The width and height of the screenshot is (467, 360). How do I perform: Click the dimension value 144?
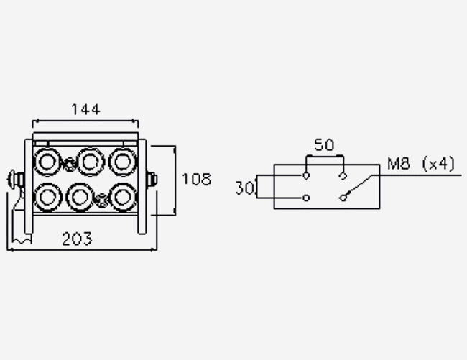coord(85,109)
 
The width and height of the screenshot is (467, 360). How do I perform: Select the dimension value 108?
coord(196,179)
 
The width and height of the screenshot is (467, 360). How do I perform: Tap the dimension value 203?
coord(77,238)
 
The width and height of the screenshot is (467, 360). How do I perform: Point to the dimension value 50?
coord(325,144)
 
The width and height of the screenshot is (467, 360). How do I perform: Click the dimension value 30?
coord(245,188)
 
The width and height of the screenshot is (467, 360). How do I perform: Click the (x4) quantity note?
coord(438,164)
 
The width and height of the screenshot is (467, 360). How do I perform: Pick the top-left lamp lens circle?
coord(49,161)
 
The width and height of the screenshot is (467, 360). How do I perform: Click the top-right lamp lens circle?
coord(122,161)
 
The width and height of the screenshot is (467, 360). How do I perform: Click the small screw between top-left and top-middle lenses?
coord(69,164)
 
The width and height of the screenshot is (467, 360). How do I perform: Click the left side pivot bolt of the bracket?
coord(14,178)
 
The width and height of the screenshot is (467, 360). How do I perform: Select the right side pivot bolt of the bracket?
coord(153,178)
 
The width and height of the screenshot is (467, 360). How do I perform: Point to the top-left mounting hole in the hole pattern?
coord(306,175)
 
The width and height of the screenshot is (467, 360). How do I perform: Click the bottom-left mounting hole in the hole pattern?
coord(306,198)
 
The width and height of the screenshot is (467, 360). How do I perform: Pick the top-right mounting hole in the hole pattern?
coord(343,175)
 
